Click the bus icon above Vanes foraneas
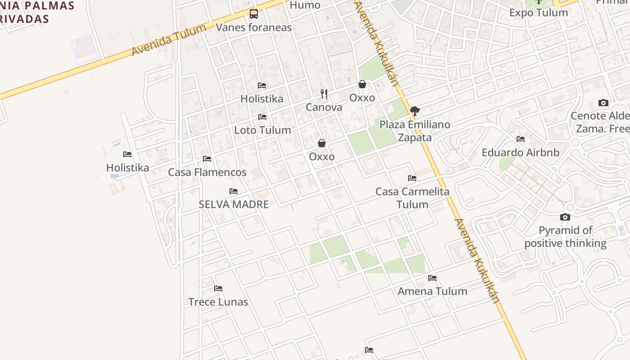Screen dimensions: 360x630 click(254, 14)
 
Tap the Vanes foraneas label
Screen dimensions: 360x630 click(254, 27)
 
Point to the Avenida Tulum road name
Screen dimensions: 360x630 click(169, 40)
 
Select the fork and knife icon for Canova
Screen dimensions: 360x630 click(324, 94)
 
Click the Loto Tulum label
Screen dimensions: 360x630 click(262, 130)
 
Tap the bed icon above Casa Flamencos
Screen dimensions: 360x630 click(207, 159)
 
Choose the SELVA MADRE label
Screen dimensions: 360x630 click(234, 204)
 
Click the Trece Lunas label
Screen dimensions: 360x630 click(218, 301)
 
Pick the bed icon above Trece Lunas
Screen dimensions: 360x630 click(218, 288)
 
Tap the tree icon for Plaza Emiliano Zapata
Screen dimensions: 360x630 click(415, 111)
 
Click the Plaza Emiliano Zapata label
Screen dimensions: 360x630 click(415, 131)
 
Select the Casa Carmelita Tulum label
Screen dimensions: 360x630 click(412, 198)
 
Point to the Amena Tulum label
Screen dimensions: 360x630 click(432, 291)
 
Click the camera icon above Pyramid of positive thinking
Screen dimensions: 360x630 click(565, 217)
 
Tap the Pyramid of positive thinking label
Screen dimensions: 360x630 click(565, 237)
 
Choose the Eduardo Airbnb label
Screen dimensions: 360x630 click(521, 153)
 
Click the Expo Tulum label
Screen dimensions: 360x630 click(539, 13)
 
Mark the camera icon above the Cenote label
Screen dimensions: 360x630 click(603, 103)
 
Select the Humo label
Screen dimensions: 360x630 click(305, 5)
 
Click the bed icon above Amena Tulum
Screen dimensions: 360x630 click(432, 278)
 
